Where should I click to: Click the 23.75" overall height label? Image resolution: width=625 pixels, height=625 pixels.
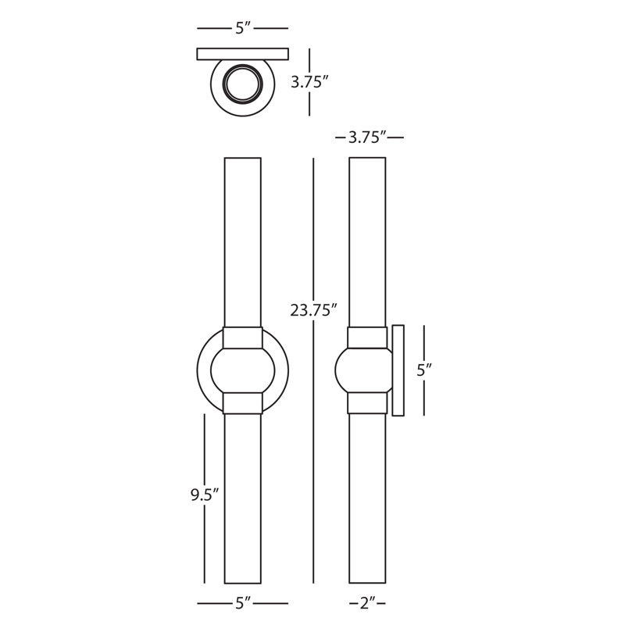tap(314, 309)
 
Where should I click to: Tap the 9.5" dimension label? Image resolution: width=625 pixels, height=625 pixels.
tap(205, 495)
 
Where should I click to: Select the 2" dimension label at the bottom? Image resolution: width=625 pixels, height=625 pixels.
tap(367, 603)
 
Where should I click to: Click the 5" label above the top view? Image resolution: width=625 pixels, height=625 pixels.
tap(243, 28)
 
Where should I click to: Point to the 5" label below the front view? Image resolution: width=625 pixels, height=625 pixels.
tap(243, 603)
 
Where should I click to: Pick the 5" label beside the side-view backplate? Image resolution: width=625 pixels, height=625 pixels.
tap(424, 370)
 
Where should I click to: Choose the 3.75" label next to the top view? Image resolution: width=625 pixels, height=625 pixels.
tap(309, 82)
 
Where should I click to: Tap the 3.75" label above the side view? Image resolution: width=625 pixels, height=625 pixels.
tap(367, 137)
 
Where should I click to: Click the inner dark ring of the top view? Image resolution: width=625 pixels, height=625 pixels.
tap(243, 66)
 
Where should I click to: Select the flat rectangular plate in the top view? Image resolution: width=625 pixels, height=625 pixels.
tap(243, 54)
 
